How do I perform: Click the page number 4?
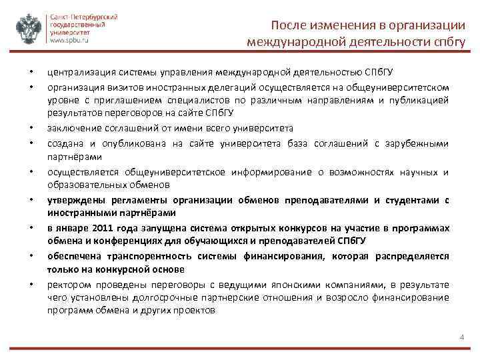coord(461,337)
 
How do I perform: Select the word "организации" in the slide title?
coord(430,25)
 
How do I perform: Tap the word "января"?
coord(71,229)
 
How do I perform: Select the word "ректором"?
coord(66,285)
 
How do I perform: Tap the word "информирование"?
coord(262,171)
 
